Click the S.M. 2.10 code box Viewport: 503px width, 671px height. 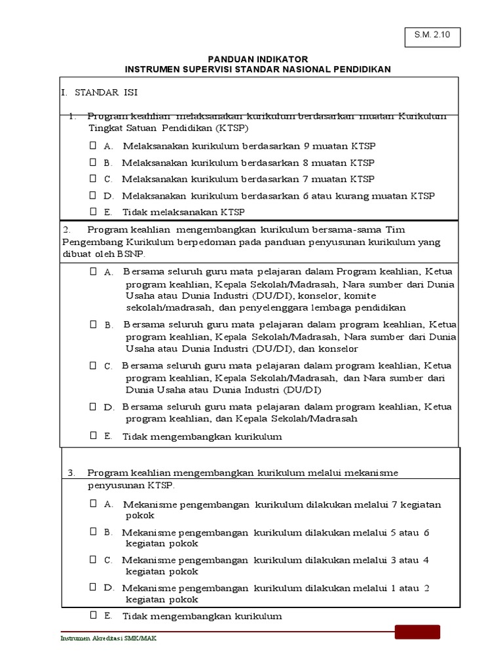click(x=432, y=37)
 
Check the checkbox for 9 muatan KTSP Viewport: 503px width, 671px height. click(x=93, y=145)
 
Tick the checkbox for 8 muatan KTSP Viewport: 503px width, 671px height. click(x=93, y=162)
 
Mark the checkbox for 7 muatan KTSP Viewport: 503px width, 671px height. click(x=93, y=178)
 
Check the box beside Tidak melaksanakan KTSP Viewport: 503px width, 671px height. click(x=93, y=211)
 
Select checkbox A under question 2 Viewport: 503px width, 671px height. click(x=93, y=271)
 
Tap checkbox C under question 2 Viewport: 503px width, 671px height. click(x=93, y=365)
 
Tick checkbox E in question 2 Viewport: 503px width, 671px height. click(x=93, y=435)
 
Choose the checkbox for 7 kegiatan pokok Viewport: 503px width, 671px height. click(x=93, y=503)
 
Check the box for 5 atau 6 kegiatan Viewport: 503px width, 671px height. click(x=93, y=531)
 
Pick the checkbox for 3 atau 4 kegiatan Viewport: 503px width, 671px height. click(x=93, y=560)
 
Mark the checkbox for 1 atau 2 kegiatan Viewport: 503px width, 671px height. click(x=93, y=588)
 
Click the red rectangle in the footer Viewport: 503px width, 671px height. click(x=417, y=632)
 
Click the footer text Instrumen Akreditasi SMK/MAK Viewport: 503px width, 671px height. click(x=108, y=640)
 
